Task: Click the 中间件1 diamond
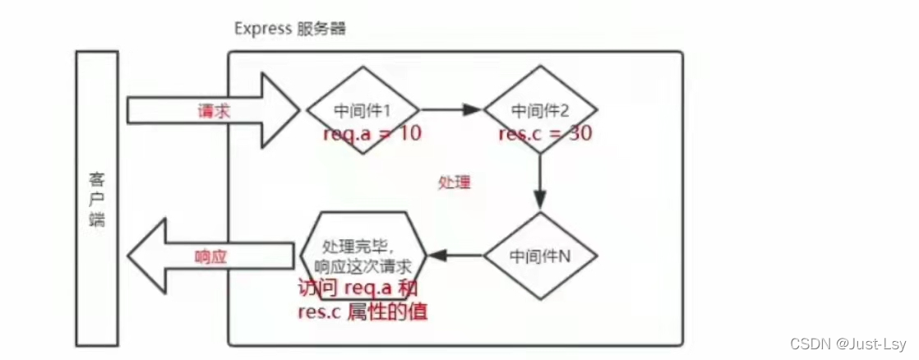(363, 110)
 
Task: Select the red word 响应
(210, 256)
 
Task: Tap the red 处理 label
(455, 182)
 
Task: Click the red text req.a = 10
(372, 133)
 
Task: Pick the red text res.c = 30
(545, 133)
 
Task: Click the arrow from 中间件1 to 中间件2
(450, 109)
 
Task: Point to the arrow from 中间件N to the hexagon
(457, 256)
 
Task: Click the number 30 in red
(579, 133)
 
